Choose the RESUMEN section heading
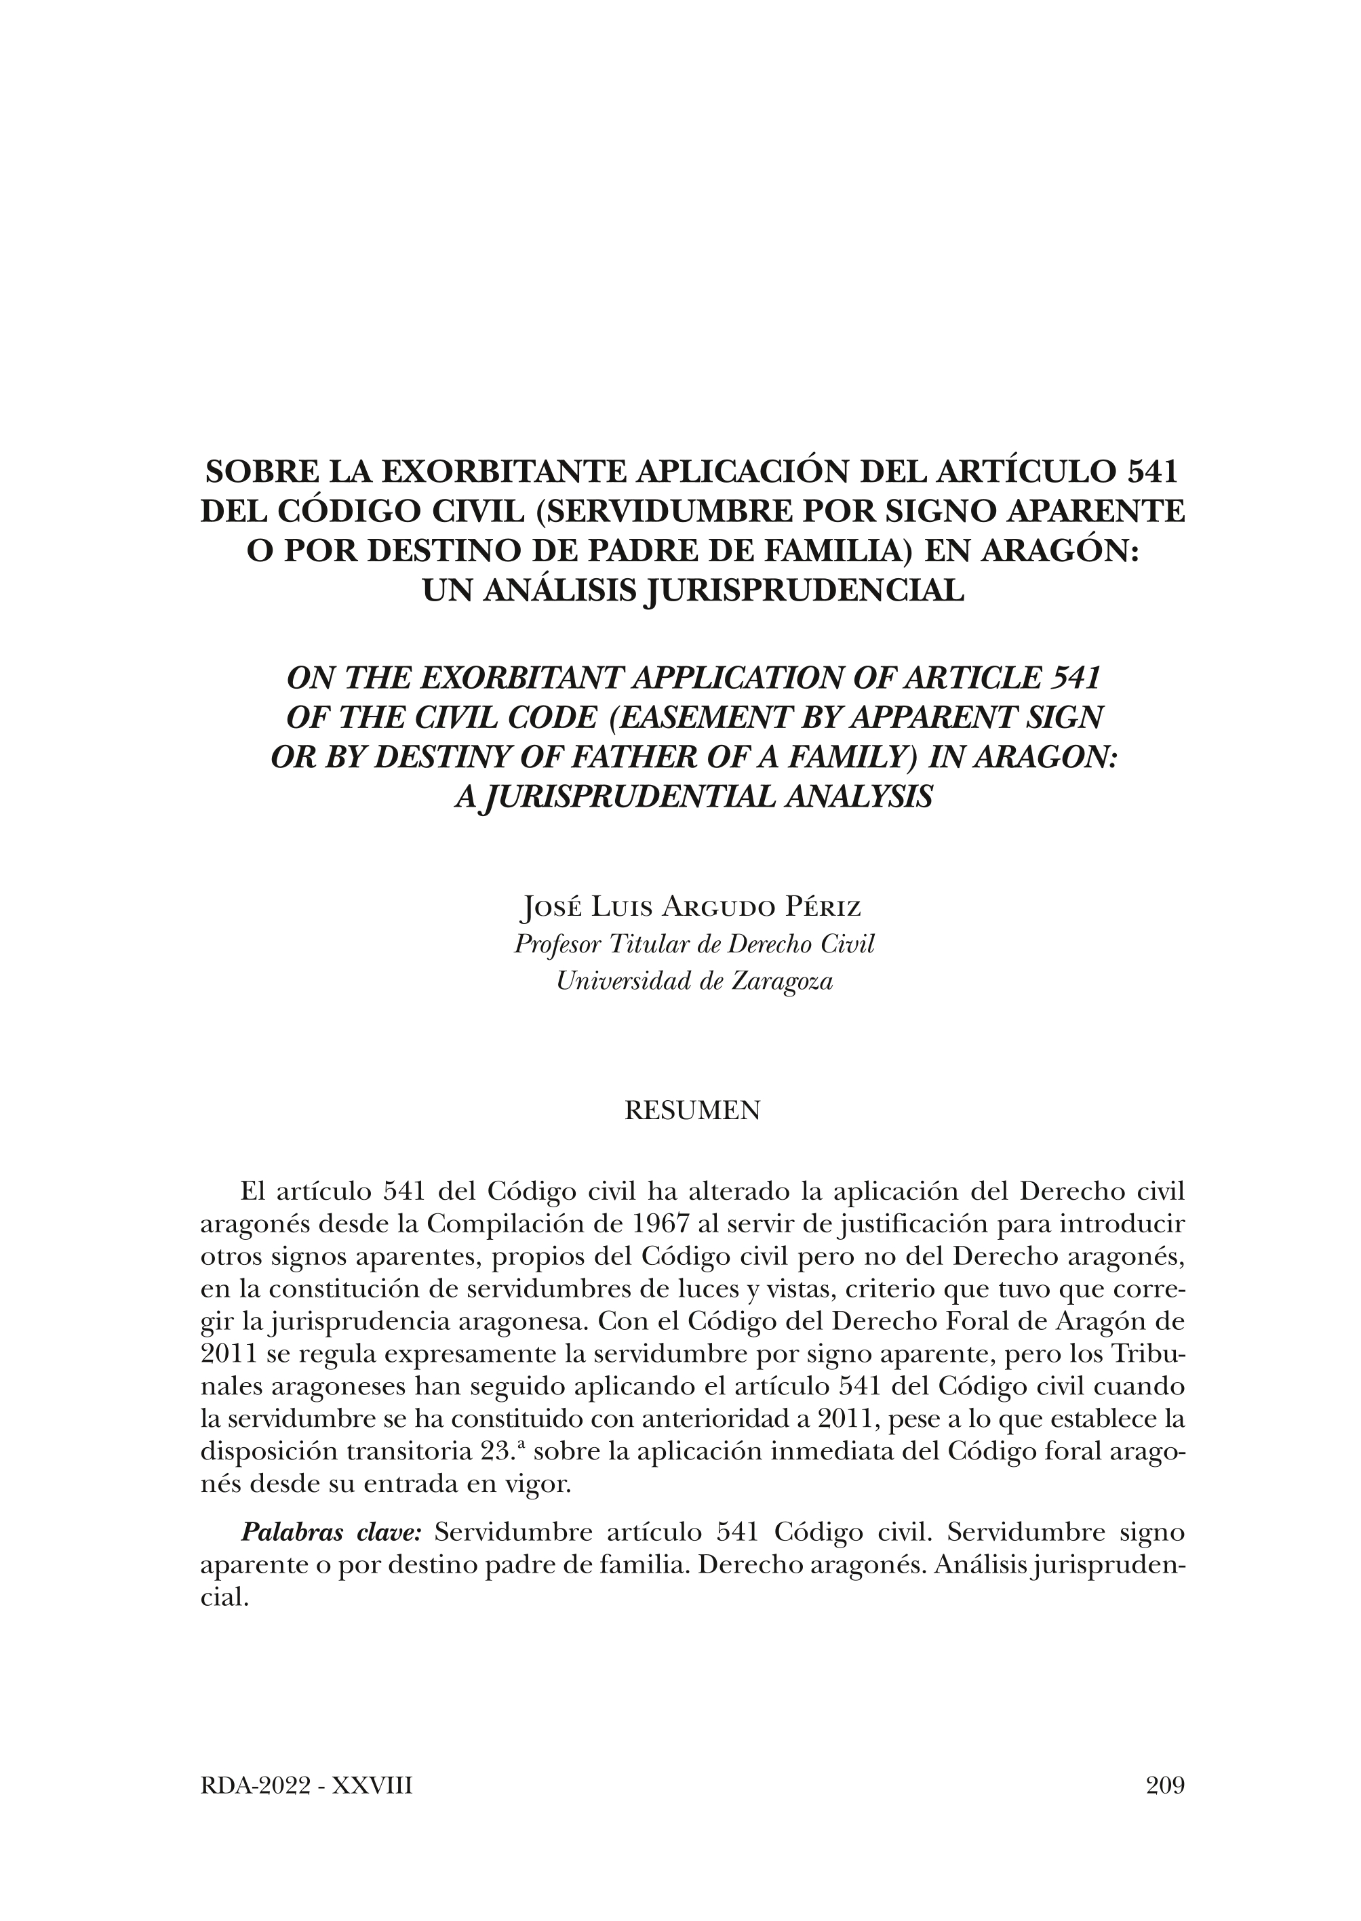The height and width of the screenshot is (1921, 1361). point(693,1111)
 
